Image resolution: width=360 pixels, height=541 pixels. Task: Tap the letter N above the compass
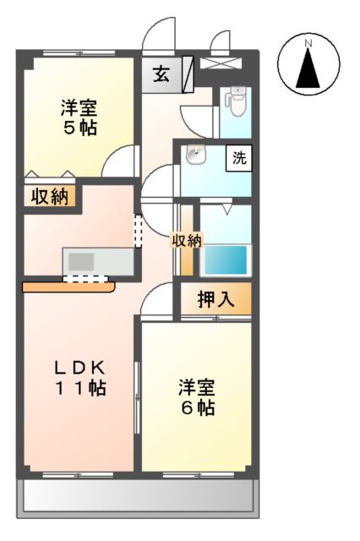309,42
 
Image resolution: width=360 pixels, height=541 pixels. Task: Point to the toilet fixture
235,104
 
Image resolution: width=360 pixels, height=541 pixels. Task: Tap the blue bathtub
226,258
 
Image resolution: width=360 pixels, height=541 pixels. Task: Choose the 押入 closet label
215,299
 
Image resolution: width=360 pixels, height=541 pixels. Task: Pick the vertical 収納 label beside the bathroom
187,241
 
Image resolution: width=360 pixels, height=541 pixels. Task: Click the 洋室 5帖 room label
78,118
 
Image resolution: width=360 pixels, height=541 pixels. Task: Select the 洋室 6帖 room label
196,397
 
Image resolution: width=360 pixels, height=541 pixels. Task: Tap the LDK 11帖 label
79,379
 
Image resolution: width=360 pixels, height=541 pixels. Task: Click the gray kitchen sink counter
98,260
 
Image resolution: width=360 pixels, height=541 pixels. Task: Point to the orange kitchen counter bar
68,287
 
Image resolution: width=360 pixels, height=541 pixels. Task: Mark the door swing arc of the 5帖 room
123,161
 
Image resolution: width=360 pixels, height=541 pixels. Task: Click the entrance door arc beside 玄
157,36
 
